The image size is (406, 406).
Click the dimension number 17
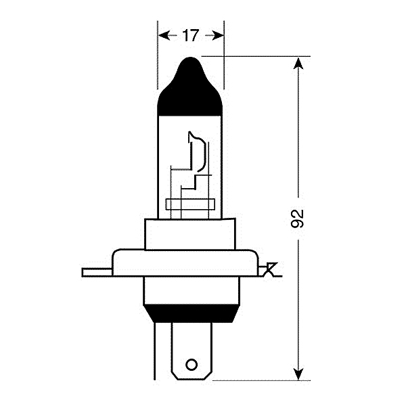(x=191, y=35)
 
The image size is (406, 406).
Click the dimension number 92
(x=297, y=219)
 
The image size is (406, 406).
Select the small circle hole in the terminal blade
(x=191, y=365)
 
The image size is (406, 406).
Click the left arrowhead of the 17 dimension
(x=164, y=35)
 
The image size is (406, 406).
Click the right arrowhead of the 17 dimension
(x=218, y=35)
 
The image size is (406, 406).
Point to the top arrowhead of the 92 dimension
(x=298, y=64)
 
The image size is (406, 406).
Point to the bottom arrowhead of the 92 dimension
(x=298, y=374)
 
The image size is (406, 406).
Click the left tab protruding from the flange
(x=97, y=273)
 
